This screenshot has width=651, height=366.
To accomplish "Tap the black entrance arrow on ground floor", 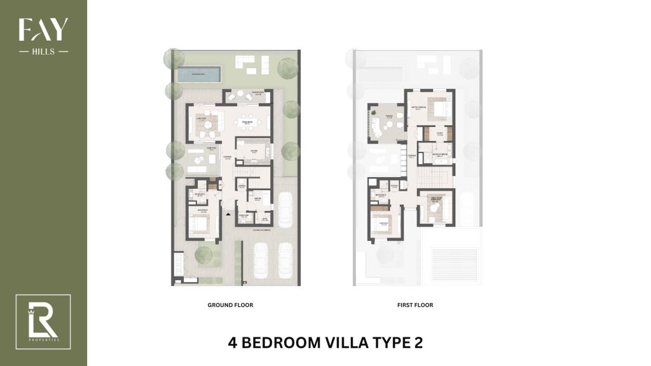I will [228, 216].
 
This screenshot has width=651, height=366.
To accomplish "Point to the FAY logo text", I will [43, 30].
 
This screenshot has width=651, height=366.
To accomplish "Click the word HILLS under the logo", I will [43, 51].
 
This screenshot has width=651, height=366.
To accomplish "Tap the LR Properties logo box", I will [43, 322].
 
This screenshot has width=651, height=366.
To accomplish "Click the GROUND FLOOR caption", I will [230, 305].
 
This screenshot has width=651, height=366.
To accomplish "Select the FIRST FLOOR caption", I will [415, 305].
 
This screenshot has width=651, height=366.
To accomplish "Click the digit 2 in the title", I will [416, 342].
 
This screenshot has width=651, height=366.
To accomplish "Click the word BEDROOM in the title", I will [279, 342].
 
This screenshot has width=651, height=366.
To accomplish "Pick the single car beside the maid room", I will [283, 206].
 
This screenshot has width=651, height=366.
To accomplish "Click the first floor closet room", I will [439, 134].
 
